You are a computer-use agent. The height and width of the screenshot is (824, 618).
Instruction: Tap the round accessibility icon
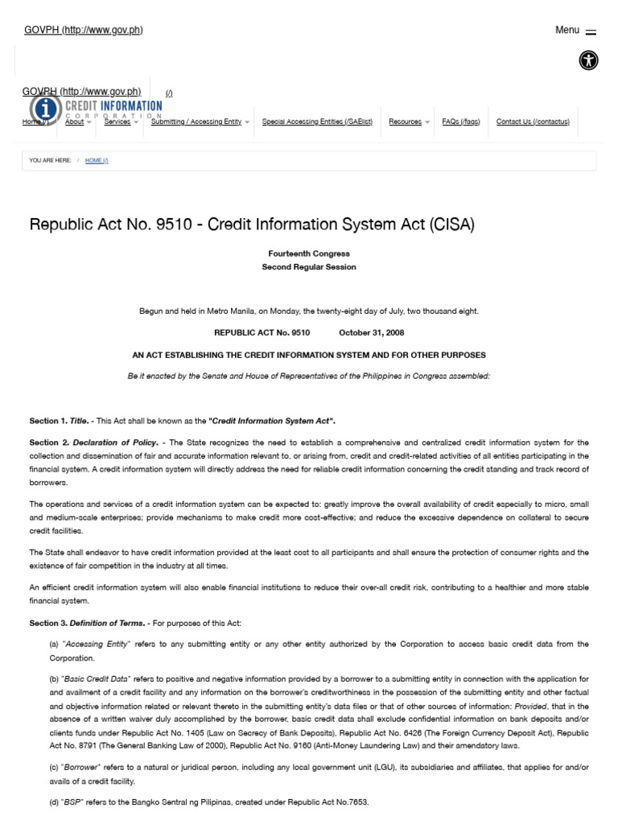[x=588, y=60]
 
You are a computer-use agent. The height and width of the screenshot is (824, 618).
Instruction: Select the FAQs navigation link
[x=461, y=122]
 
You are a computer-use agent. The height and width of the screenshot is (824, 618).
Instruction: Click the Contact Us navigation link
[x=533, y=122]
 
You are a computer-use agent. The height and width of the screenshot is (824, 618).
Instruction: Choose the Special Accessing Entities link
[x=317, y=122]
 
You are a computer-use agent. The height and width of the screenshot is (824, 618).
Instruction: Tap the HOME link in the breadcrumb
[x=97, y=160]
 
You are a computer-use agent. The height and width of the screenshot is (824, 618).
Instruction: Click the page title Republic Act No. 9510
[x=252, y=225]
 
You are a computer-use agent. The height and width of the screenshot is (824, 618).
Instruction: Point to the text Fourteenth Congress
[x=309, y=253]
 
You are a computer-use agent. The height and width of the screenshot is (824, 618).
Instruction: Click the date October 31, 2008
[x=371, y=332]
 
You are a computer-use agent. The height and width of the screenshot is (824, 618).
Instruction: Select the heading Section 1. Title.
[x=58, y=421]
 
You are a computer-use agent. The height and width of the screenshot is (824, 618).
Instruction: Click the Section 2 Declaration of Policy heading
[x=97, y=442]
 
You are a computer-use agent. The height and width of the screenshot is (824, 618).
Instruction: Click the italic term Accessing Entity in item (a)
[x=95, y=644]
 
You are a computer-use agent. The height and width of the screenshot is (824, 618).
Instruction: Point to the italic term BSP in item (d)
[x=73, y=803]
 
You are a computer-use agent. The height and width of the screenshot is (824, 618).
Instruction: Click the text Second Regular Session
[x=309, y=266]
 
